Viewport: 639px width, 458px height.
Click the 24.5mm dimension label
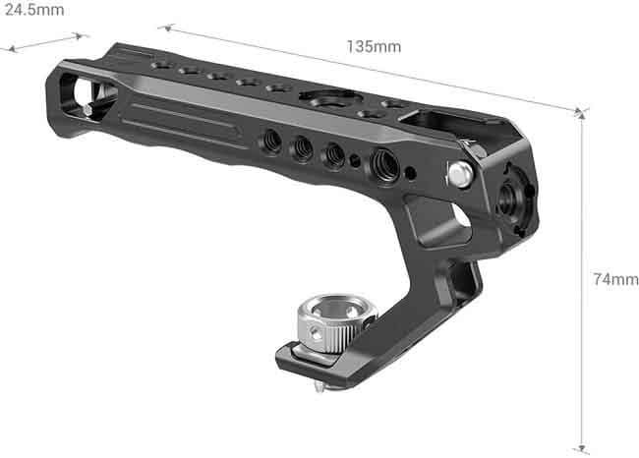(32, 10)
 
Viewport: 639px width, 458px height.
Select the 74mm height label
(615, 280)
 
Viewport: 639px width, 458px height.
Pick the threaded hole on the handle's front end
(509, 198)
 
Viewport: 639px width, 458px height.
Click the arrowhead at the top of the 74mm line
(582, 115)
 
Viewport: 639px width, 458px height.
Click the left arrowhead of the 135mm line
(163, 29)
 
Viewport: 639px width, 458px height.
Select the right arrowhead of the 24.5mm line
(83, 36)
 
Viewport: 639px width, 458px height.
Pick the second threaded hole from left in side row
(303, 148)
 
